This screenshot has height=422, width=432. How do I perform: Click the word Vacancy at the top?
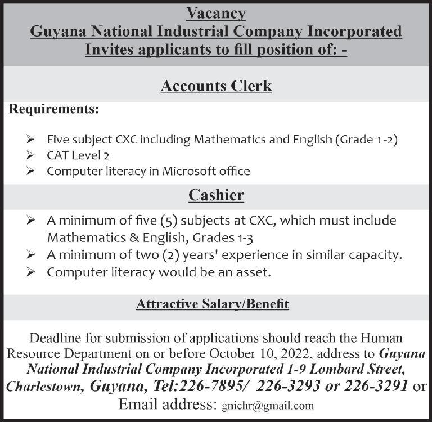[216, 13]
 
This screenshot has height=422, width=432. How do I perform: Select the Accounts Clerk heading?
[216, 86]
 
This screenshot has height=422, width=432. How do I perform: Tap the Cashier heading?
[216, 195]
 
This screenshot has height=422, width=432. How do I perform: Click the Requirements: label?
[53, 109]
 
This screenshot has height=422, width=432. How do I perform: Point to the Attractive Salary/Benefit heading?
[213, 304]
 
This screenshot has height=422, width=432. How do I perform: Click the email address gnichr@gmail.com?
[267, 406]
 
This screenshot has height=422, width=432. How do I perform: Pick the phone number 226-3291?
[377, 387]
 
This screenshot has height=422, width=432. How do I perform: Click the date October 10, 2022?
[264, 354]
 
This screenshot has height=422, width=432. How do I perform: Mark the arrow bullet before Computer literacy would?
[33, 273]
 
